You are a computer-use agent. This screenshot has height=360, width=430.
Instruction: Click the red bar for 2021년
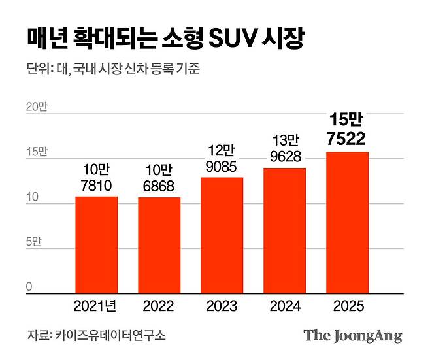pos(96,245)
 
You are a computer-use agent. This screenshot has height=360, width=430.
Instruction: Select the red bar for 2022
pos(159,246)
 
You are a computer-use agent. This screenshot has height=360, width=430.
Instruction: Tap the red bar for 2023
pos(222,236)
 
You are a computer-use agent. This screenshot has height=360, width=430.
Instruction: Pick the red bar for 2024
pos(284,231)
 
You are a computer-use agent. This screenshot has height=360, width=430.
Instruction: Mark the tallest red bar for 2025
pos(347,223)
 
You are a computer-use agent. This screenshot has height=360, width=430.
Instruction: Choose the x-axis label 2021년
pos(96,306)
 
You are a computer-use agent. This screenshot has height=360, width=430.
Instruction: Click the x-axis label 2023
pos(222,306)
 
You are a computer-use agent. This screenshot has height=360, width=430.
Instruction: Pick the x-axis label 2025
pos(347,306)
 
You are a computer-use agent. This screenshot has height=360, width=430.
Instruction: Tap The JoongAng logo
pos(352,336)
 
